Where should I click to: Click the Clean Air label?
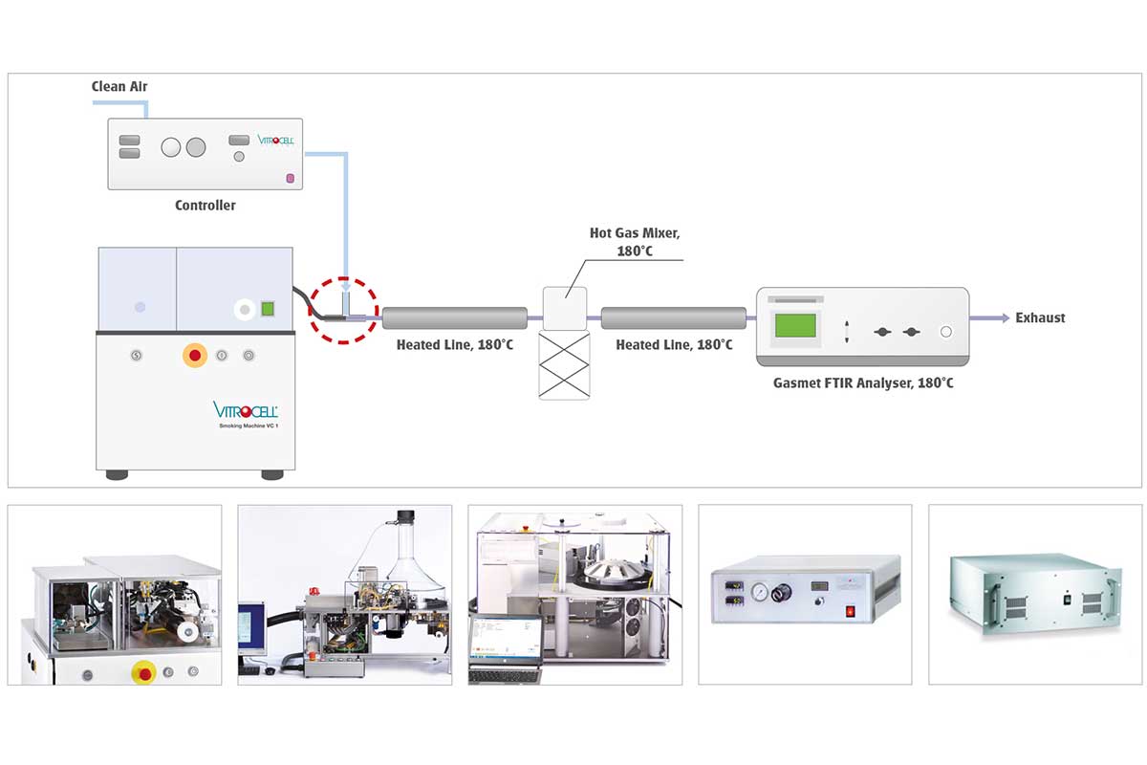tap(119, 86)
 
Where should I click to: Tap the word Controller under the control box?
tap(205, 206)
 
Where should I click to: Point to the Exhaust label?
tap(1040, 317)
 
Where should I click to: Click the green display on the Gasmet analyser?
tap(795, 325)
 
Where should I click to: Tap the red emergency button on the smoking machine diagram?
tap(195, 356)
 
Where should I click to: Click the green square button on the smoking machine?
tap(269, 309)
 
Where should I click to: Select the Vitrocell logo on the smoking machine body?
tap(245, 410)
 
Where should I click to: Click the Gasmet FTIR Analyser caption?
tap(862, 383)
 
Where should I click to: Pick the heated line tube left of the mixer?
tap(455, 317)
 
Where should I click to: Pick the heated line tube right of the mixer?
tap(674, 317)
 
